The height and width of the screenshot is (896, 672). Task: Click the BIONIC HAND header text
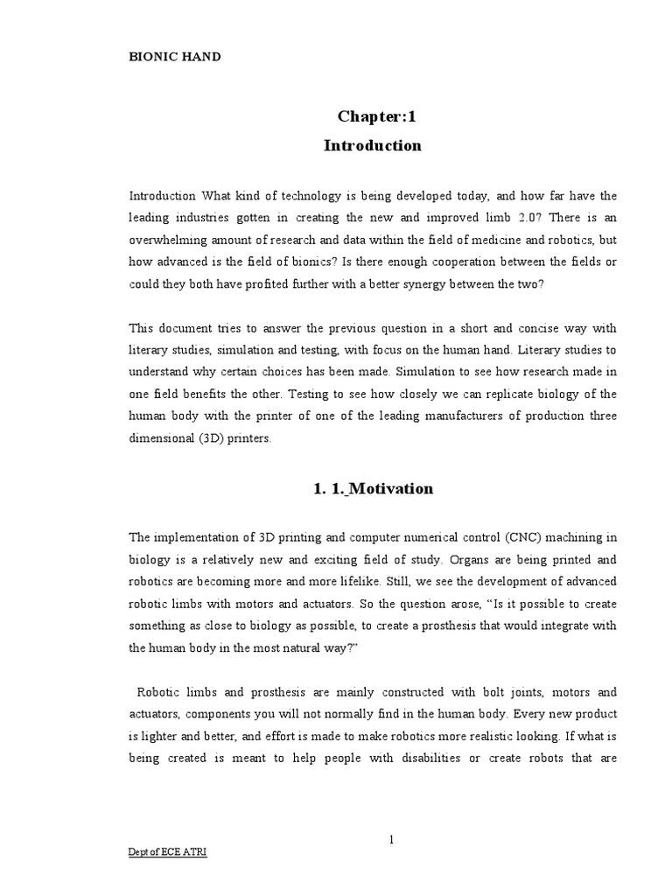(x=175, y=57)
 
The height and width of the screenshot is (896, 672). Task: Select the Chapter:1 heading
(x=372, y=116)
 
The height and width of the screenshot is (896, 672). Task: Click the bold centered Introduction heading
(x=372, y=145)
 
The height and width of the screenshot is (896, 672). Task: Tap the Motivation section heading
(x=372, y=489)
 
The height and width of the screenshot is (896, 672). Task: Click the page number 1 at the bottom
(x=392, y=840)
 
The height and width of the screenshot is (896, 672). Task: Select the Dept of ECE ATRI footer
(x=168, y=878)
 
